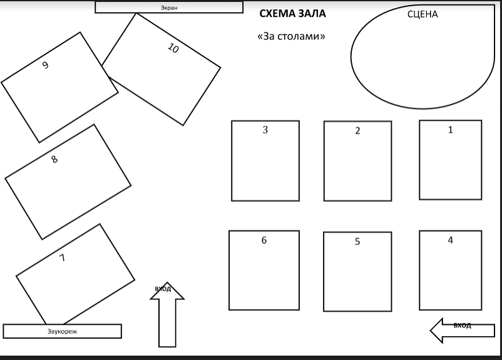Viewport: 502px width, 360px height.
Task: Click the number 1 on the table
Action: pyautogui.click(x=451, y=130)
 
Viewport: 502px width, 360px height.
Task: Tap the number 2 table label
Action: pyautogui.click(x=357, y=131)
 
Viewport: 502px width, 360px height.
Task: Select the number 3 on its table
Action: pyautogui.click(x=265, y=130)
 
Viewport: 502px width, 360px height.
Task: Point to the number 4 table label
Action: pyautogui.click(x=451, y=240)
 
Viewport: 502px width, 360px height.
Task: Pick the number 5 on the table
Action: pyautogui.click(x=357, y=242)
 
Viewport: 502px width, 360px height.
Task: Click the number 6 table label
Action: pyautogui.click(x=264, y=240)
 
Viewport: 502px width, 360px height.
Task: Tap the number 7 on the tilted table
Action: pyautogui.click(x=62, y=257)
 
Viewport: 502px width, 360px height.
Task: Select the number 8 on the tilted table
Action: pyautogui.click(x=54, y=159)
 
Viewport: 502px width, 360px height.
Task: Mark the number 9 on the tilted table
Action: pyautogui.click(x=46, y=65)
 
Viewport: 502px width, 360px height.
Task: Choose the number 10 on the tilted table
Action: pyautogui.click(x=173, y=48)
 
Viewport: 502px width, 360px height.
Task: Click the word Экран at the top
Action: pyautogui.click(x=169, y=8)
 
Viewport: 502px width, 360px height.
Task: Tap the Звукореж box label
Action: pyautogui.click(x=63, y=331)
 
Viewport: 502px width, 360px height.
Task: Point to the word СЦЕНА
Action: pyautogui.click(x=423, y=14)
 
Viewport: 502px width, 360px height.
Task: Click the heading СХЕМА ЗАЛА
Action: pyautogui.click(x=292, y=13)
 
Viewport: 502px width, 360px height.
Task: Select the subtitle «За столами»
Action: pyautogui.click(x=291, y=36)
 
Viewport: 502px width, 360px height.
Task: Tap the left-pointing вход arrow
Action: pyautogui.click(x=463, y=331)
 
